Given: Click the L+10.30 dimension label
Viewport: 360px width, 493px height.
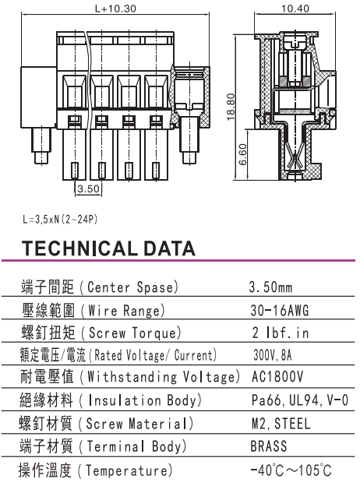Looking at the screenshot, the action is (x=115, y=9).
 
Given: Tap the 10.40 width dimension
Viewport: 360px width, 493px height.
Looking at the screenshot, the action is (x=295, y=9).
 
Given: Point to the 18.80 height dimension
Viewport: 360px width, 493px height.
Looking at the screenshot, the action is (x=231, y=107).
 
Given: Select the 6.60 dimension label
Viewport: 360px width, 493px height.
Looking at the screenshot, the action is (x=243, y=154).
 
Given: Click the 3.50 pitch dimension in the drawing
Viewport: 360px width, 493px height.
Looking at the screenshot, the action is (x=88, y=189).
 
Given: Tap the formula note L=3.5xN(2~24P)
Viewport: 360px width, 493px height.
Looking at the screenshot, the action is (x=60, y=219).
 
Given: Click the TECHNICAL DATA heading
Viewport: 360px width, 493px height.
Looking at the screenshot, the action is (x=108, y=248).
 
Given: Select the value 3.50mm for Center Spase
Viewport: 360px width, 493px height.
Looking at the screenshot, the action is (x=270, y=287).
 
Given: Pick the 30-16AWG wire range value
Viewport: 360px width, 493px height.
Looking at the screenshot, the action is (x=280, y=310).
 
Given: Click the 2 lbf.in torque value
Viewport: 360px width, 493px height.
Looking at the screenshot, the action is (x=281, y=333).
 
